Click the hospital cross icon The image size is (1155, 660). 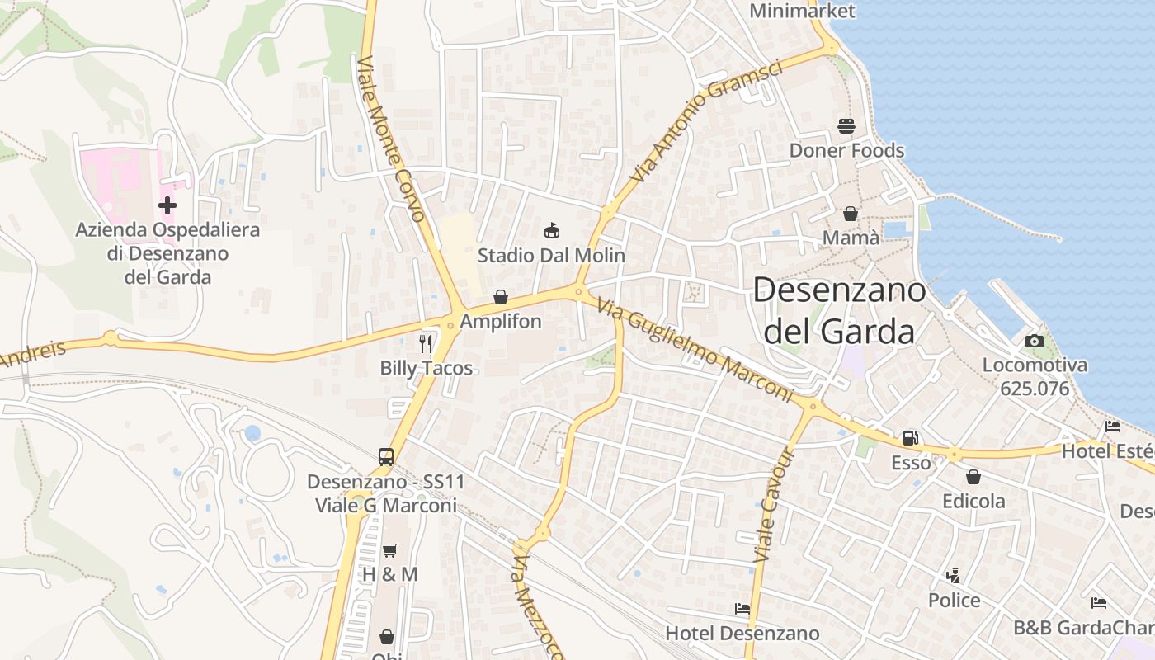click(167, 205)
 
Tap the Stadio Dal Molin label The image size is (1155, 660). click(551, 256)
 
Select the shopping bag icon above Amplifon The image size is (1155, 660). click(501, 297)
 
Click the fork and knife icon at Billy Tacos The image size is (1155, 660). click(426, 343)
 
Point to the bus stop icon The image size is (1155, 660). click(386, 456)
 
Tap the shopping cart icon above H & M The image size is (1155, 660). click(390, 550)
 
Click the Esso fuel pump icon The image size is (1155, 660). click(911, 438)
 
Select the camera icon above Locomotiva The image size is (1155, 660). click(1035, 341)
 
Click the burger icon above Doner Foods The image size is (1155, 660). click(846, 126)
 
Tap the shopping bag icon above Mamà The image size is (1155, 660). click(851, 214)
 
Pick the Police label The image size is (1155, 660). click(955, 600)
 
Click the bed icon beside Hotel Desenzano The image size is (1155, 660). click(742, 609)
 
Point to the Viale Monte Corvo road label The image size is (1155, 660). click(393, 139)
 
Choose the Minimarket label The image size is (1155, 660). click(803, 11)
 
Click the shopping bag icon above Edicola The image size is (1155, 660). click(973, 477)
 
